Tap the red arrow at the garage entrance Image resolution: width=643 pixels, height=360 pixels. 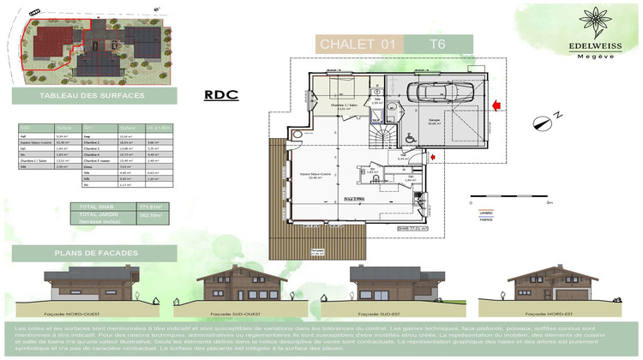click(x=496, y=105)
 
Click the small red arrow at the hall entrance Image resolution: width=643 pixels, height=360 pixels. click(x=434, y=156)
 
